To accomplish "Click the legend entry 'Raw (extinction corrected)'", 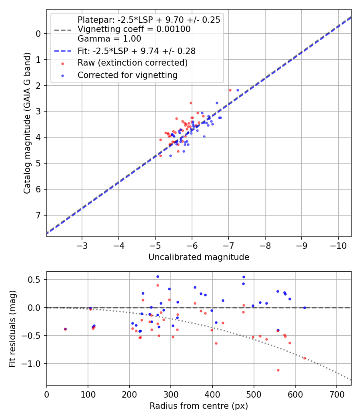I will [x=132, y=63].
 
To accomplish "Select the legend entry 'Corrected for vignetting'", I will [x=128, y=75].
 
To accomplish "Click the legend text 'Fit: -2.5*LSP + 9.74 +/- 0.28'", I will [x=136, y=51].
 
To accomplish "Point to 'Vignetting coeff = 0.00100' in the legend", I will [x=134, y=29].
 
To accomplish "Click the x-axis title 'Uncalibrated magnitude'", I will [x=199, y=257].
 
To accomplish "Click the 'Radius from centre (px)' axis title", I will [x=199, y=406].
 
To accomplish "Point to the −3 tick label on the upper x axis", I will [x=82, y=244].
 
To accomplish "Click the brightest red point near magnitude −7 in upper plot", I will [x=230, y=90].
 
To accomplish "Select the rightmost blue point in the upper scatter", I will [x=238, y=90].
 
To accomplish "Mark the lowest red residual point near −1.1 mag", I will [x=278, y=370].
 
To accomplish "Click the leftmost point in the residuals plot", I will [x=65, y=329].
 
